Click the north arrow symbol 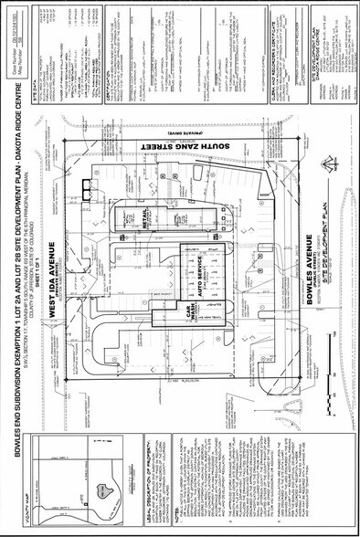(326, 163)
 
